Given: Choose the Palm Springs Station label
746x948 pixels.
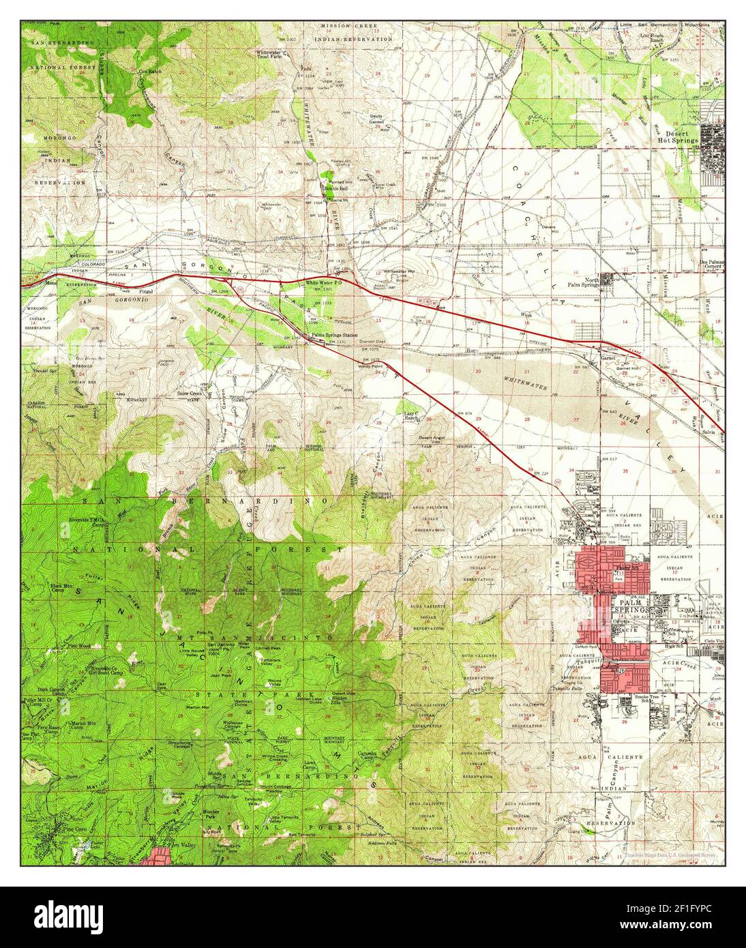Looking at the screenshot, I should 333,336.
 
